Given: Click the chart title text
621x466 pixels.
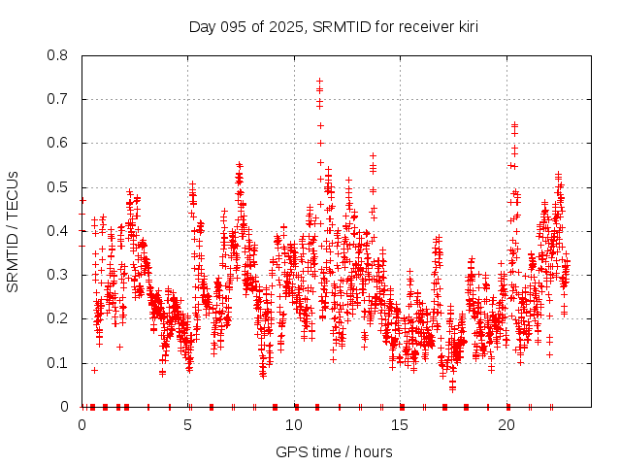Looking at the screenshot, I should (x=333, y=25).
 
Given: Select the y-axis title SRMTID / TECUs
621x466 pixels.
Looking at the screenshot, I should (x=14, y=231).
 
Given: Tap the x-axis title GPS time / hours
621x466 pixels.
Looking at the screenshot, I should (x=334, y=451).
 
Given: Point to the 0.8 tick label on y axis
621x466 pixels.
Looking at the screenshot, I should (x=58, y=55).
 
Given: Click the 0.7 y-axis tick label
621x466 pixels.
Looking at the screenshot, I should (x=58, y=99).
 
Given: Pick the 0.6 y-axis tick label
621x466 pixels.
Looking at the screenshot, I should (x=58, y=143).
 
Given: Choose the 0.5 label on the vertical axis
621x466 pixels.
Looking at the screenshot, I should (x=58, y=187).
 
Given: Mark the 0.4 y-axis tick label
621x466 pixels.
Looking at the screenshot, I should (x=58, y=231).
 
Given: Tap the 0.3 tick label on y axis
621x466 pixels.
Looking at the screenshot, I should (x=58, y=275).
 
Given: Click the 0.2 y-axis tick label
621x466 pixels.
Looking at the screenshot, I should (x=58, y=318).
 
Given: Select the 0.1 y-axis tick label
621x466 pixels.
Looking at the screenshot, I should (x=58, y=363).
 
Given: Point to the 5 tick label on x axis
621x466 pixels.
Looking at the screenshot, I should (x=188, y=425).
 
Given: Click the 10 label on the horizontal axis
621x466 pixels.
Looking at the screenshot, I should (x=294, y=425).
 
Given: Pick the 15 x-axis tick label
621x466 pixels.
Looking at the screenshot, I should (x=401, y=425).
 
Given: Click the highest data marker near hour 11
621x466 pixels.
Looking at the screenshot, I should (x=319, y=82).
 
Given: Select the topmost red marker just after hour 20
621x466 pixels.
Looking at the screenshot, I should (x=514, y=124).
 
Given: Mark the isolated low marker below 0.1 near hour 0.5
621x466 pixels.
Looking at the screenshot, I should (x=94, y=370).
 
